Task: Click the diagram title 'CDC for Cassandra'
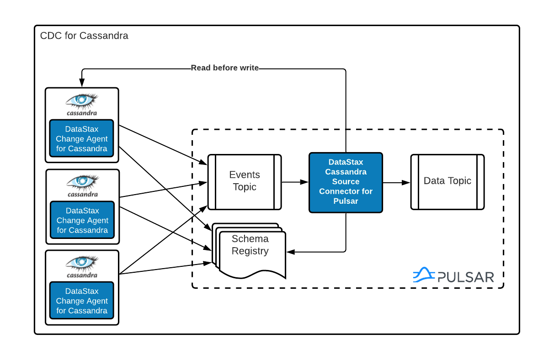coord(84,36)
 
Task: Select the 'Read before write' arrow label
coord(224,68)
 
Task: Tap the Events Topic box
coord(245,181)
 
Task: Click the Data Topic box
coord(447,181)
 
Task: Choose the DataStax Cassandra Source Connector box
coord(346,182)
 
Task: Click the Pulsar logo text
coord(465,277)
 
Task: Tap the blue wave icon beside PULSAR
coord(423,275)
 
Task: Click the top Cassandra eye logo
coord(82,101)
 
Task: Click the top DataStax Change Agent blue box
coord(82,139)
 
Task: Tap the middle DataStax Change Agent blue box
coord(82,220)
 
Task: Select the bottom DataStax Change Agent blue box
coord(82,301)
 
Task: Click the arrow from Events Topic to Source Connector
coord(295,182)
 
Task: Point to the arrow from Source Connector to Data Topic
coord(396,182)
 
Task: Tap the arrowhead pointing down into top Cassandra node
coord(82,84)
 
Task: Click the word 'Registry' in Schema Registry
coord(250,251)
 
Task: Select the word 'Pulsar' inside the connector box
coord(346,201)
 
